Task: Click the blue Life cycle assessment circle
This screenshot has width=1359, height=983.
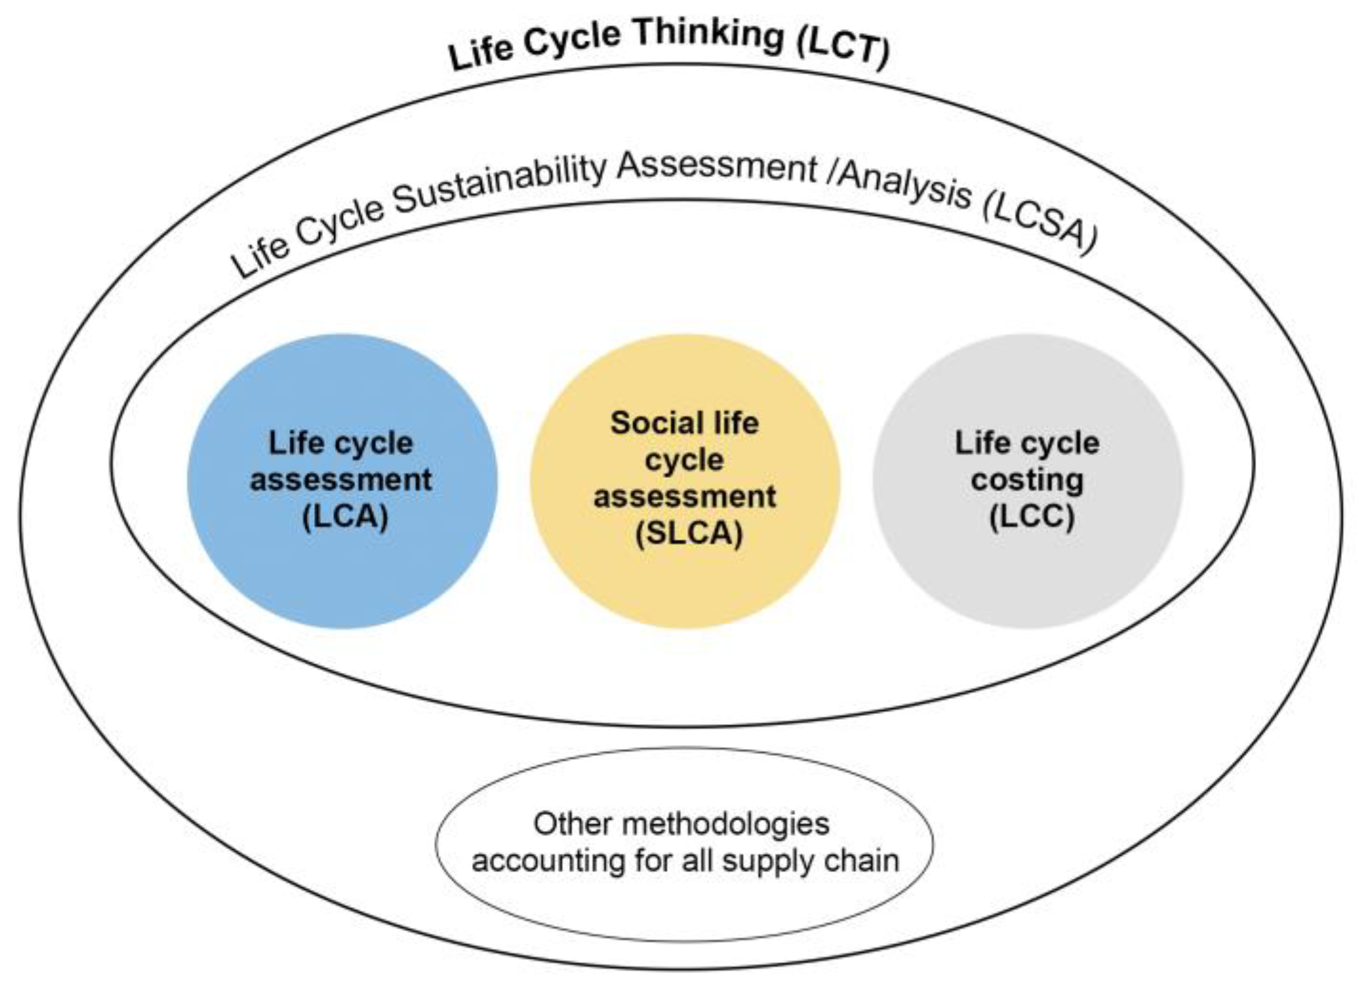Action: pos(343,571)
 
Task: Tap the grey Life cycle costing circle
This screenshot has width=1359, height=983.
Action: pos(1028,571)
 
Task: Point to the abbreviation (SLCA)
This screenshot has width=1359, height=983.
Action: pos(689,533)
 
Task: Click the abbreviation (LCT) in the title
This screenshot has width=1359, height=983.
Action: pos(844,51)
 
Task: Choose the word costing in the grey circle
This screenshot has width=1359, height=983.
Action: pos(1027,480)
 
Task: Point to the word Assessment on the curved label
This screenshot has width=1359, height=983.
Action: pos(717,167)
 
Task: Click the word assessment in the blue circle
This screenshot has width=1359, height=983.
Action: pos(341,480)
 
